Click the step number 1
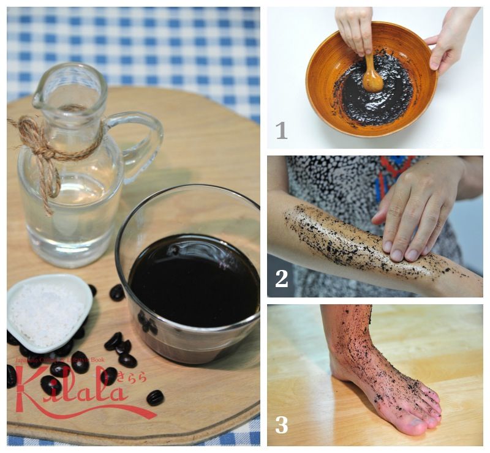281,130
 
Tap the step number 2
281,279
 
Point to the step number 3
281,425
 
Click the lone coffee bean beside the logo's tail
155,397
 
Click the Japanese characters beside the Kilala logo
132,378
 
